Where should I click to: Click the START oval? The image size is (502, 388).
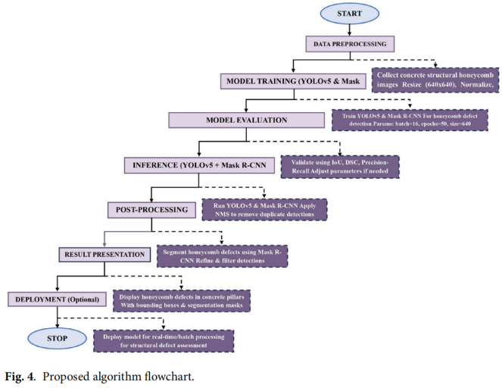coord(350,14)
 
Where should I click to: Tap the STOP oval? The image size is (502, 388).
coord(57,338)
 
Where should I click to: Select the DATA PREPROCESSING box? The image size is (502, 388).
coord(350,44)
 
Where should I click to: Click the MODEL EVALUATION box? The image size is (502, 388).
coord(247,120)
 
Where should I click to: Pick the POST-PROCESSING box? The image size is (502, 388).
coord(151,210)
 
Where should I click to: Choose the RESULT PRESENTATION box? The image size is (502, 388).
coord(104,255)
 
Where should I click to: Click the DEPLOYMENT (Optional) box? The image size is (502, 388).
coord(57,299)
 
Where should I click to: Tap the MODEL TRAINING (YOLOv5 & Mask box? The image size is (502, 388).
coord(293,81)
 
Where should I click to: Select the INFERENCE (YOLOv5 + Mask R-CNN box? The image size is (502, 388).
coord(199,165)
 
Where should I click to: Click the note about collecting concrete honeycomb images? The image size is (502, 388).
coord(435,80)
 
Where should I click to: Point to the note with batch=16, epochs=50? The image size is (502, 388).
coord(410,120)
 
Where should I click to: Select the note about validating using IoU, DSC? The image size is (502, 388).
coord(340,167)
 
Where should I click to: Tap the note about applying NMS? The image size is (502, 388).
coord(264,210)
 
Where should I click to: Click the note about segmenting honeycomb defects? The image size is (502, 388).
coord(222,256)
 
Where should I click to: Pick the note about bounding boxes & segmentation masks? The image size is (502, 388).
coord(182,301)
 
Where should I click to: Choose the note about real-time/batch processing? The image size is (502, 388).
coord(164,341)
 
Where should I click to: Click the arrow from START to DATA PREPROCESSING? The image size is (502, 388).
coord(350,30)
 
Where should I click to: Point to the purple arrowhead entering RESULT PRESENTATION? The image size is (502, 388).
coord(104,244)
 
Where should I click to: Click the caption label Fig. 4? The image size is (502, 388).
coord(20,376)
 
